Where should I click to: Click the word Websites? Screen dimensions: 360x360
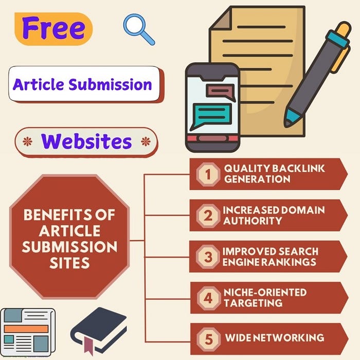coord(86,141)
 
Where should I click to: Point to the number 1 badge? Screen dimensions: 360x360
coord(208,174)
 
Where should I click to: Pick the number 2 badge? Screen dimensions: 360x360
coord(208,215)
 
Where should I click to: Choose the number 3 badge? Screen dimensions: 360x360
coord(208,257)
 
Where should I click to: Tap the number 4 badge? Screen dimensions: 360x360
coord(208,298)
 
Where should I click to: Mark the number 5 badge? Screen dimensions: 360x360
coord(208,339)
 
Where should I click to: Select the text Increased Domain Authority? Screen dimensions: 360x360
coord(274,215)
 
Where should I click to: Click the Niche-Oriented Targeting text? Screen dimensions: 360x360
coord(265,297)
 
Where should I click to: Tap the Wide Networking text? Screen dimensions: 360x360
coord(275,338)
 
